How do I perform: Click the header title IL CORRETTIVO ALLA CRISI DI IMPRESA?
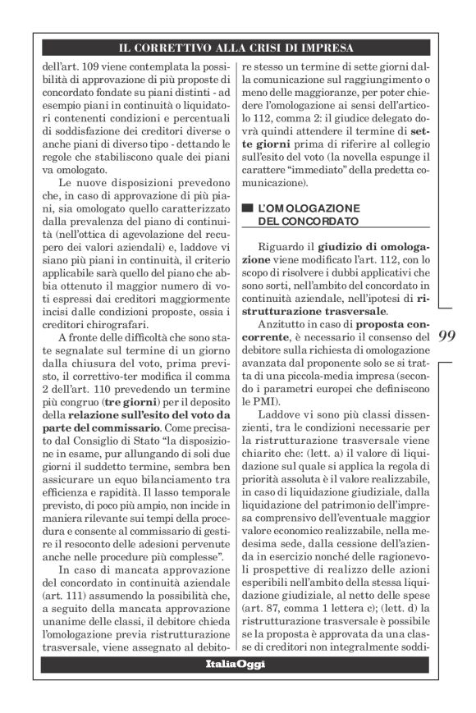236,48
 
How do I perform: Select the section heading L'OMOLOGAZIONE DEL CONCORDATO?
304,215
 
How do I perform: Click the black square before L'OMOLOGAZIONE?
248,209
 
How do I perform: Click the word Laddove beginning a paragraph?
279,416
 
